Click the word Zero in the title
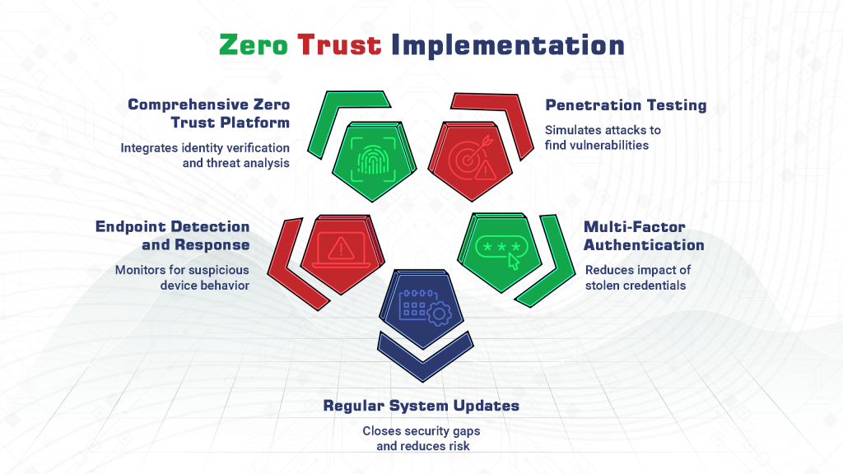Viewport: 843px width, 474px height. pyautogui.click(x=253, y=44)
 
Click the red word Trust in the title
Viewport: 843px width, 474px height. pyautogui.click(x=339, y=44)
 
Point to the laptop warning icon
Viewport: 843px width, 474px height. pyautogui.click(x=338, y=248)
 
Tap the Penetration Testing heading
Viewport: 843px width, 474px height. pyautogui.click(x=626, y=105)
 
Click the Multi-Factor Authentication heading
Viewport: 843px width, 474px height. pyautogui.click(x=644, y=235)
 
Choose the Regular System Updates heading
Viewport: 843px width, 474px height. pyautogui.click(x=421, y=406)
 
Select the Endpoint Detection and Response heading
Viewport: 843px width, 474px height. pyautogui.click(x=172, y=235)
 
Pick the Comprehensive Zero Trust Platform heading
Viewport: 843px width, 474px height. pyautogui.click(x=209, y=114)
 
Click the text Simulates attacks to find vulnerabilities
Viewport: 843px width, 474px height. pyautogui.click(x=603, y=137)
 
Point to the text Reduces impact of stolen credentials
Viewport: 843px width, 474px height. pyautogui.click(x=637, y=277)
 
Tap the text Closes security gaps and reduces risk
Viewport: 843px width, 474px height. pyautogui.click(x=421, y=438)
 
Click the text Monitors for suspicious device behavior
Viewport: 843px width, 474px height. pyautogui.click(x=182, y=277)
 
